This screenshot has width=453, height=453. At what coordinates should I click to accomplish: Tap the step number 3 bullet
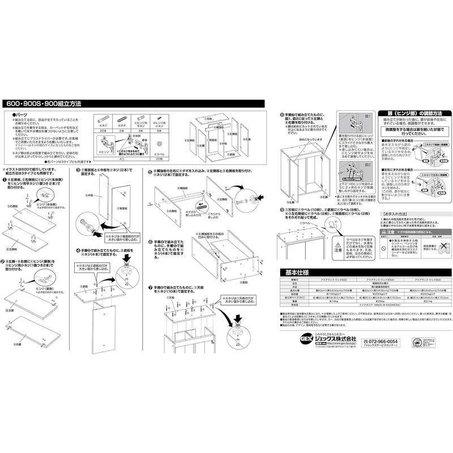coord(78,170)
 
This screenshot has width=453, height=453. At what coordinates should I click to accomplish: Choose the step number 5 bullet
coord(151,170)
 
